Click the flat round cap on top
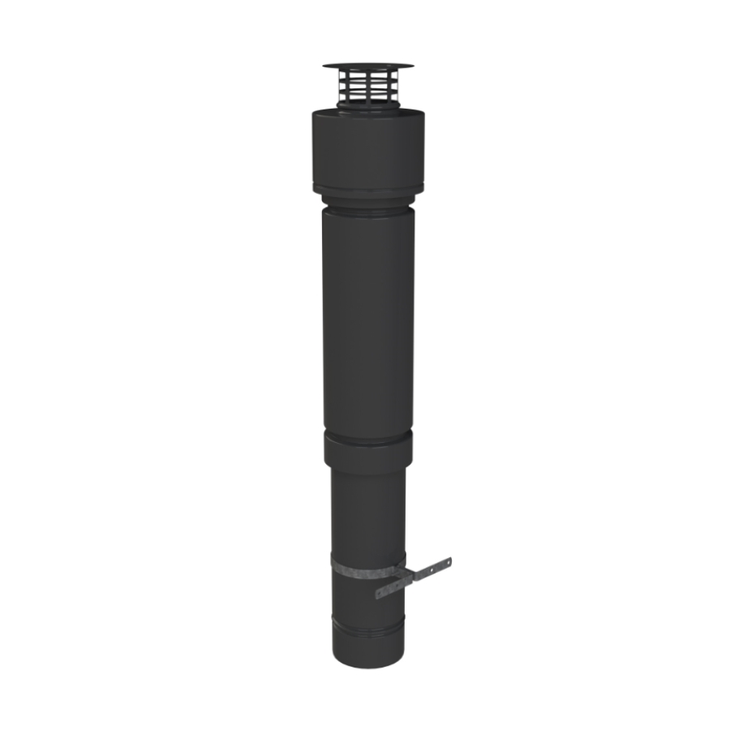367,65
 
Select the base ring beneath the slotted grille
367,105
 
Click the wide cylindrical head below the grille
367,150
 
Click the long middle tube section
367,324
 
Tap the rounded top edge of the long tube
367,212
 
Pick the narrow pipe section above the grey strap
367,511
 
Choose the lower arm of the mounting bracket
393,590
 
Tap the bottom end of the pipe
367,659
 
